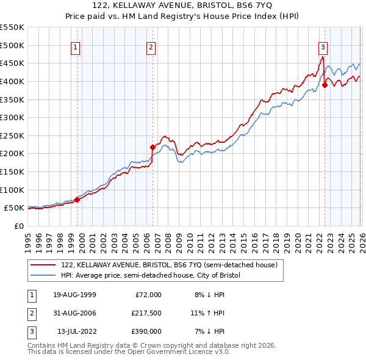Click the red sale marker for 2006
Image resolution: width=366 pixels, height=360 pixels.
pos(152,146)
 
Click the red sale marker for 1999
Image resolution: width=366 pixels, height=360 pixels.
pos(77,200)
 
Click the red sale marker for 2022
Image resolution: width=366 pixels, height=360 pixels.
pos(325,85)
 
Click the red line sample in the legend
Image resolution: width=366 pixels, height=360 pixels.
pos(43,265)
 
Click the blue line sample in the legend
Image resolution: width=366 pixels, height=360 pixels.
pos(43,275)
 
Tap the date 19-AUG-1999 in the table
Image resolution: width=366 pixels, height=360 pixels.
pos(74,295)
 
